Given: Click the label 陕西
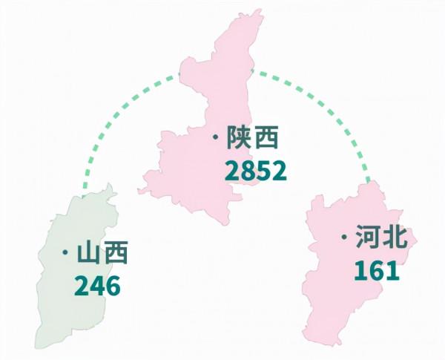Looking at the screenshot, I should click(253, 139).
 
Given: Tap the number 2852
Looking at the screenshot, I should click(254, 171).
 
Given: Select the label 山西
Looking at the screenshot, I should click(103, 254).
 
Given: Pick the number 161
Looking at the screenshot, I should click(376, 270).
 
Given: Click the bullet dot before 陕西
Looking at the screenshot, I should click(214, 139).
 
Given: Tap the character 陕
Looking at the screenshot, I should click(240, 139).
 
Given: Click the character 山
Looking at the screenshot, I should click(90, 254).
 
